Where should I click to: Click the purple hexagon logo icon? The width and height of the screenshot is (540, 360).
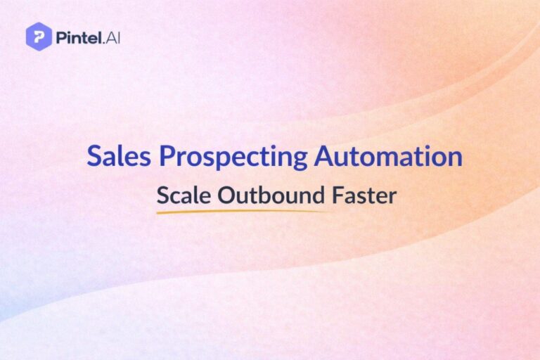[x=39, y=37]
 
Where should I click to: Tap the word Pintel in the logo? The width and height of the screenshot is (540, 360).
[x=76, y=37]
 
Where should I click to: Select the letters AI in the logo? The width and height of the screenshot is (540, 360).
[x=111, y=37]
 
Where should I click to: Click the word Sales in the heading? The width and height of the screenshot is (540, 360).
[x=112, y=156]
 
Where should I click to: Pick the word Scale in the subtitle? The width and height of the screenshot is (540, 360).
[x=183, y=195]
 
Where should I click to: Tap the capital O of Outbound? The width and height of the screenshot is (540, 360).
[x=226, y=195]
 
